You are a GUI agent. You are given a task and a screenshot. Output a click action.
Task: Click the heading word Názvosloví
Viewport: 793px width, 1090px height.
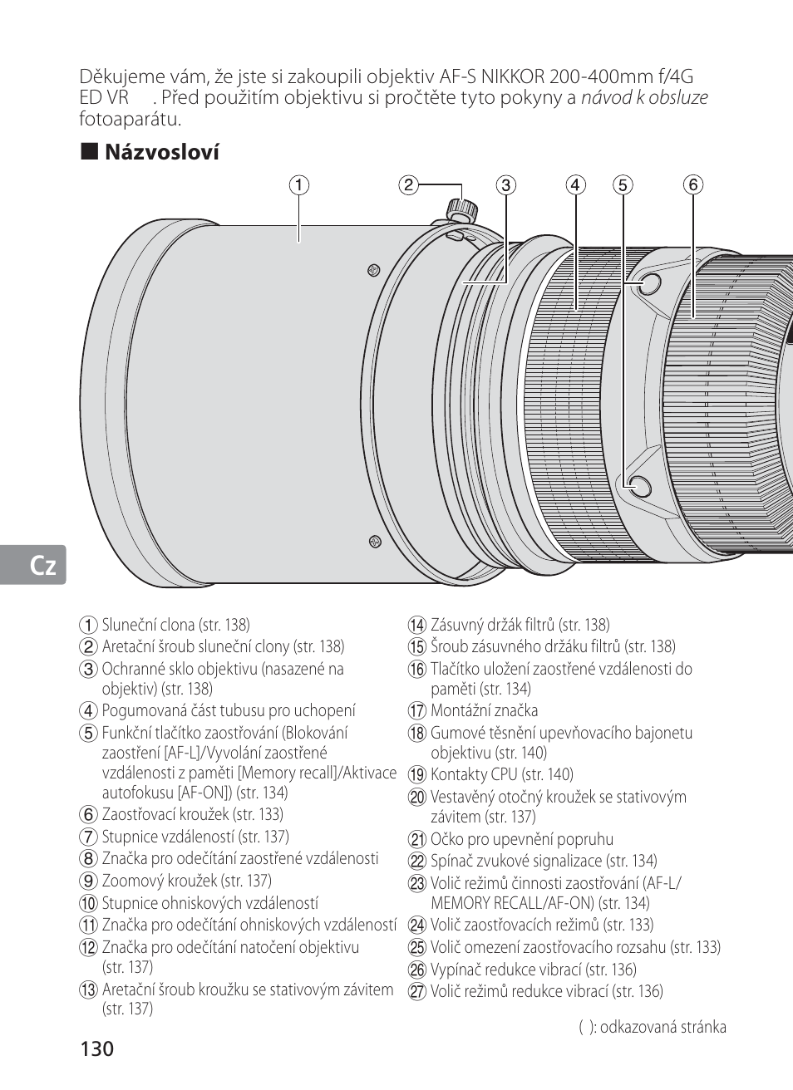(x=161, y=152)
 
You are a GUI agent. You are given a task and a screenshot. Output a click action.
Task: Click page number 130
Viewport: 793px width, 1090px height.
(x=97, y=1048)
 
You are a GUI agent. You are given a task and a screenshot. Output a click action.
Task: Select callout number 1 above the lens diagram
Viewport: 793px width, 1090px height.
(x=298, y=184)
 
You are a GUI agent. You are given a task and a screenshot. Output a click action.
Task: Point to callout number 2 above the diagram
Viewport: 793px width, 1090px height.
(x=407, y=184)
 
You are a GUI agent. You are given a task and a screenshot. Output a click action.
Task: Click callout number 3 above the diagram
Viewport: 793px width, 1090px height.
(x=506, y=184)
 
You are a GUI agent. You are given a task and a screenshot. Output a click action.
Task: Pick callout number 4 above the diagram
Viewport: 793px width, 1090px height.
(x=576, y=184)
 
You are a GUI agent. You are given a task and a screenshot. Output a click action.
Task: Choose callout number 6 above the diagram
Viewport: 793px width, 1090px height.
(x=693, y=184)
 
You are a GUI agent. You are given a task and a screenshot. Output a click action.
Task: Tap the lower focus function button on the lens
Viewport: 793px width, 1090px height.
(x=639, y=486)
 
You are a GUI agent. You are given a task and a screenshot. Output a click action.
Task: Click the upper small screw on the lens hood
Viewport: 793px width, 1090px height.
(x=373, y=269)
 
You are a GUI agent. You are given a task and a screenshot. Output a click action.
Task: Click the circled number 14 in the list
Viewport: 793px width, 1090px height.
(x=416, y=626)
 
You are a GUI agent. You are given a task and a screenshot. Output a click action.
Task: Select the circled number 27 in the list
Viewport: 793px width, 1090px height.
(x=416, y=992)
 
